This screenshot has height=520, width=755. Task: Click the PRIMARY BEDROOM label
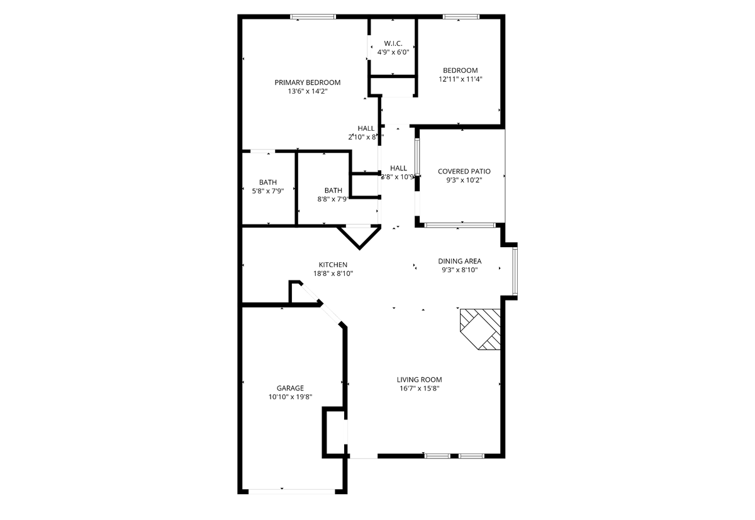308,82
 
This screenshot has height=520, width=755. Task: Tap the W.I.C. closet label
393,43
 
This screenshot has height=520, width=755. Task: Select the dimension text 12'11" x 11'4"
460,79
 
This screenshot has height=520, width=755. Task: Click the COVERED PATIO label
464,171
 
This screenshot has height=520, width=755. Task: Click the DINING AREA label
460,261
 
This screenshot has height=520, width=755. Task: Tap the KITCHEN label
333,265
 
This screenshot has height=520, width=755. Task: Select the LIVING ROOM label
419,379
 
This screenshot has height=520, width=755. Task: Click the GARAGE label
290,388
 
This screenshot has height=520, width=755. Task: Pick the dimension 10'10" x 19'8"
290,397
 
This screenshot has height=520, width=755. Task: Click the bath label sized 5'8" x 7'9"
267,182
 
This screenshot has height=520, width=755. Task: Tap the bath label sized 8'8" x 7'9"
333,191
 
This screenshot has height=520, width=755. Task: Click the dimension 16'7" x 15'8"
419,388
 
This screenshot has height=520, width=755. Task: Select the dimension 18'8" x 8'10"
333,274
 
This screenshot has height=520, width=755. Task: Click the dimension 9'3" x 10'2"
464,180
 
